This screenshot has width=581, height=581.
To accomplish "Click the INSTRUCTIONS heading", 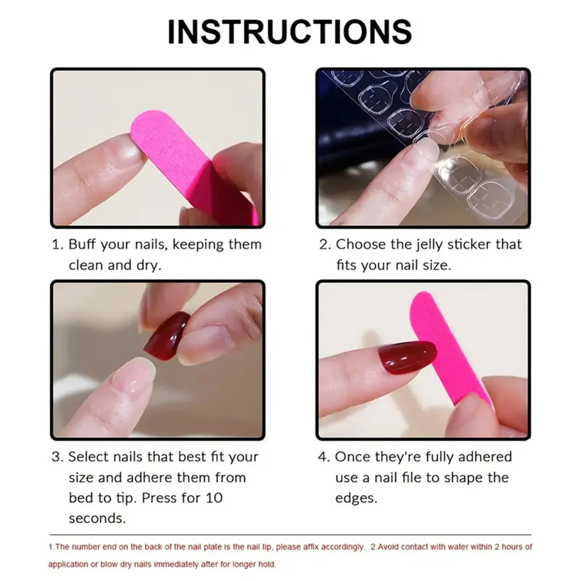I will [x=290, y=32].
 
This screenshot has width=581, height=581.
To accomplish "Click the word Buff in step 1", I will [x=82, y=244].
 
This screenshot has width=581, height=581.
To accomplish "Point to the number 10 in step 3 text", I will [x=214, y=498].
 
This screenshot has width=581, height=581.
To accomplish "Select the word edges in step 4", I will [x=356, y=498].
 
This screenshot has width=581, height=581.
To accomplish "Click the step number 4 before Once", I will [x=323, y=457].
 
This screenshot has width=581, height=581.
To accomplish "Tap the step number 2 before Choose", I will [x=324, y=244].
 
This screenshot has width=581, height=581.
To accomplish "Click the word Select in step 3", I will [x=89, y=457].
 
